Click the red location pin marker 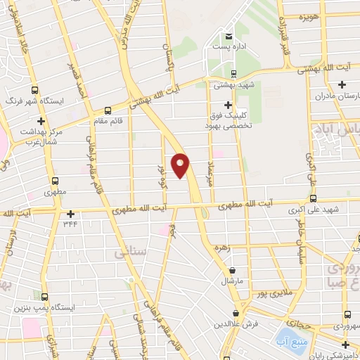(x=181, y=165)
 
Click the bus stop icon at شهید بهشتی (x=234, y=73)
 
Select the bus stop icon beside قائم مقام (x=108, y=110)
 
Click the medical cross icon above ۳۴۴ (x=70, y=214)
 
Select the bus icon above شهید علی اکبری (x=313, y=198)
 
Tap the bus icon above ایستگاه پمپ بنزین (x=45, y=297)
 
